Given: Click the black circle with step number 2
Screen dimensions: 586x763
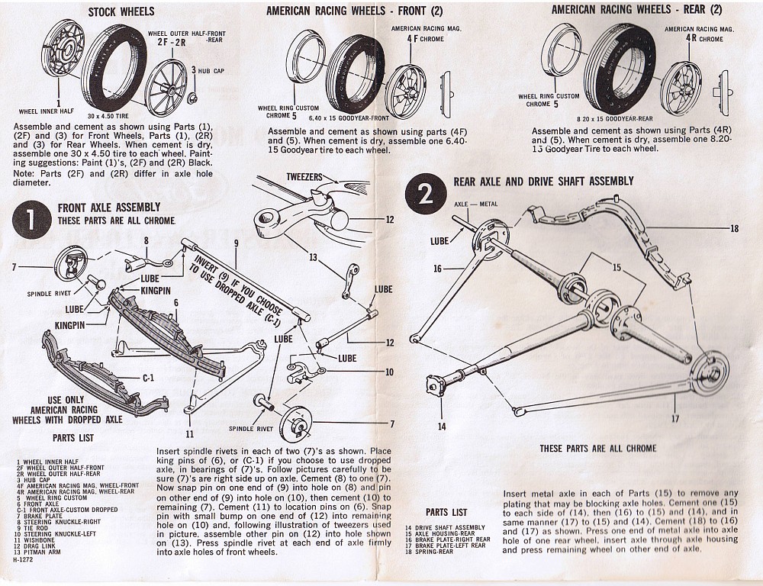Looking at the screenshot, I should point(425,193).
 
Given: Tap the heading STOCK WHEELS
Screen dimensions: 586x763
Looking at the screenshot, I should point(121,11).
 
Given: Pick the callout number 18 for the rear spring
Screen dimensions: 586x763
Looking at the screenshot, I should point(734,228).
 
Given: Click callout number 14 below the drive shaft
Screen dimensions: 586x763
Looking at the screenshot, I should point(441,426).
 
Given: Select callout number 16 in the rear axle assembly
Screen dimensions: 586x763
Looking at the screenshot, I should point(438,268).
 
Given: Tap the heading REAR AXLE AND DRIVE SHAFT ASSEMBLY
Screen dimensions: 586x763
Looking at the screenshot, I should point(543,182).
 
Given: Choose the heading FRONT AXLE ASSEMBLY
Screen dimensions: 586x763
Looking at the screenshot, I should point(109,208).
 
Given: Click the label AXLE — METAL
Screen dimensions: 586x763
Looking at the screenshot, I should point(476,205).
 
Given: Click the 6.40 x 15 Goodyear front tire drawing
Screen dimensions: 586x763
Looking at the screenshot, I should point(356,75).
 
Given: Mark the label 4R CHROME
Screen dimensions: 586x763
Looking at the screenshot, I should point(694,37).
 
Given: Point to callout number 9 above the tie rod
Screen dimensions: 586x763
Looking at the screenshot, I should point(237,243).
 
